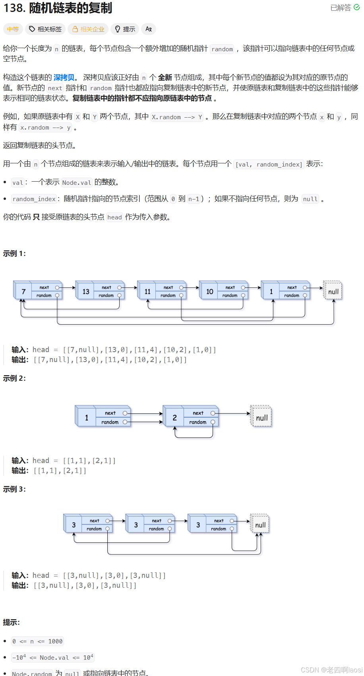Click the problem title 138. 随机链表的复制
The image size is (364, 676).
[x=58, y=8]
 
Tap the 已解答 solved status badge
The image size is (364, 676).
[x=345, y=8]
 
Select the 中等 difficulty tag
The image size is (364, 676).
[x=13, y=29]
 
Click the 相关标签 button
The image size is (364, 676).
[x=46, y=29]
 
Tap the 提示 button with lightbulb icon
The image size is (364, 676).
[x=125, y=29]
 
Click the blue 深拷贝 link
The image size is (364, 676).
[x=64, y=77]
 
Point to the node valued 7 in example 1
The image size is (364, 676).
[x=23, y=291]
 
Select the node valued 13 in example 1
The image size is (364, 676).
[x=86, y=291]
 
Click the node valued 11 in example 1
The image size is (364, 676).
[x=147, y=291]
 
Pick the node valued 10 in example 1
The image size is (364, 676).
[x=209, y=291]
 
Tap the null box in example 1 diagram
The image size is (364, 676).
[x=333, y=291]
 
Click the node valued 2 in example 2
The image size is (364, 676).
[x=174, y=418]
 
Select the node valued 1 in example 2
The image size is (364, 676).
[x=86, y=418]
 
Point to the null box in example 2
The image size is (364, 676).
[x=261, y=418]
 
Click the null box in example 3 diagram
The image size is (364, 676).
[x=260, y=525]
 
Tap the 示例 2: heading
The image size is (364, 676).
[x=14, y=378]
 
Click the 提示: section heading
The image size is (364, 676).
[x=12, y=622]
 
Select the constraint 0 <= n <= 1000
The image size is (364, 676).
[x=37, y=641]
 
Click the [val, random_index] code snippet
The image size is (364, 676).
[x=269, y=164]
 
